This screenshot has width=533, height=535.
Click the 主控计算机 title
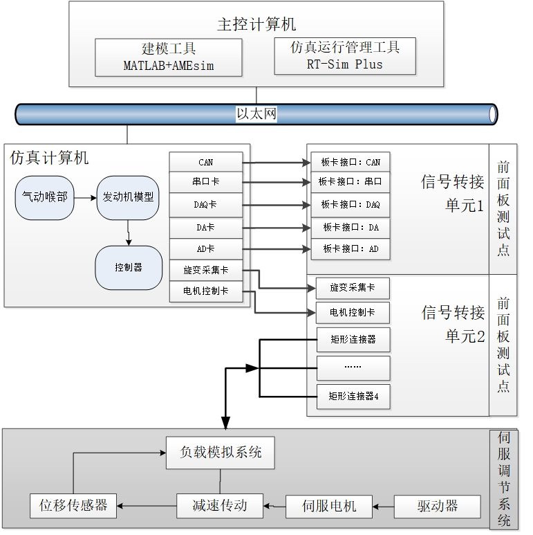[256, 24]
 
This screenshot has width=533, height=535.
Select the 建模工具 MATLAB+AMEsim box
[168, 57]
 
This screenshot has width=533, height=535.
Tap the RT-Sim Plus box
[345, 56]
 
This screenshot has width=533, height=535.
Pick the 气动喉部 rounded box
[44, 197]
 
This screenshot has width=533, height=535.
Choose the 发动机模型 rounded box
[128, 197]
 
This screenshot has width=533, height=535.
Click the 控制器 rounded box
[128, 267]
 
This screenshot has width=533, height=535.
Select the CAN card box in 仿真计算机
[206, 162]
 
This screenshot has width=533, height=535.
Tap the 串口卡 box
[206, 183]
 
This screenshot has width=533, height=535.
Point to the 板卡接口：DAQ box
[350, 205]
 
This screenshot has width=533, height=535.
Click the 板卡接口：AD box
[350, 248]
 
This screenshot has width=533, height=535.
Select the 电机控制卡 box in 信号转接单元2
[353, 313]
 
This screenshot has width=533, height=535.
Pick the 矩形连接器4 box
[353, 397]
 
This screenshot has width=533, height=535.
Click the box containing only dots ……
[353, 367]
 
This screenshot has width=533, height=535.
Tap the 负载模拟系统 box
[221, 453]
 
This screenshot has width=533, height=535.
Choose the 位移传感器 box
[73, 506]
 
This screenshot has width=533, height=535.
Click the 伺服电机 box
[329, 506]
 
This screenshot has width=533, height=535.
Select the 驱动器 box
[437, 506]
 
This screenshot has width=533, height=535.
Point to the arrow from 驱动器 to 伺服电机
[383, 506]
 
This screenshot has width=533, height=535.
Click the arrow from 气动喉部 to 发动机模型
[85, 198]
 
